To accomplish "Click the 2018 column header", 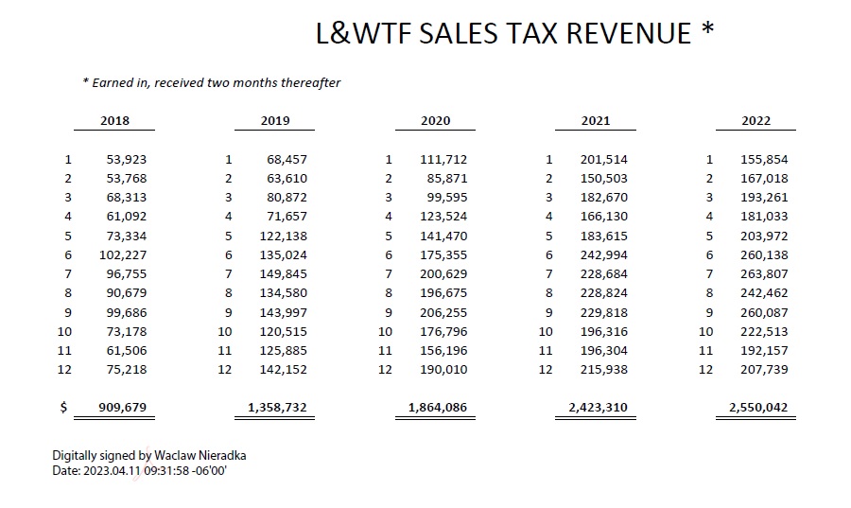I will [114, 120].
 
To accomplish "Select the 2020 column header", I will [435, 120].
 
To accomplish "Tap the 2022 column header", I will [756, 120].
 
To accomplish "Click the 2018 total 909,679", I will [123, 408].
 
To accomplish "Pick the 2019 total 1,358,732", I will [277, 408].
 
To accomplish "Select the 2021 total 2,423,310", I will [598, 408].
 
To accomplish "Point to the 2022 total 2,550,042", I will [758, 408].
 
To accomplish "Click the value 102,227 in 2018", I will [123, 254].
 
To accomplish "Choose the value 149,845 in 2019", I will [283, 273].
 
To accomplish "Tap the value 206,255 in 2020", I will [443, 312].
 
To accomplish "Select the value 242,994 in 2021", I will [603, 254].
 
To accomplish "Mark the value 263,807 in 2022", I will [764, 273].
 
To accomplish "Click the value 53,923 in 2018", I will [127, 159].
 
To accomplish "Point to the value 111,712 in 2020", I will [443, 159].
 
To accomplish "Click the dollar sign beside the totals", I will [63, 408].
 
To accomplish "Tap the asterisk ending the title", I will [707, 30].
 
